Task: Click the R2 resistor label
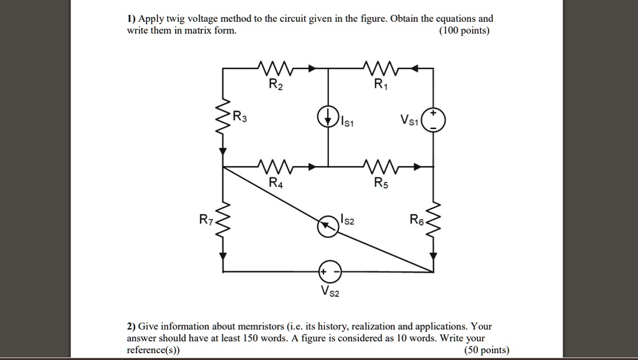[275, 86]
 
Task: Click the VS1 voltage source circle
[434, 120]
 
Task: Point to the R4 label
[275, 183]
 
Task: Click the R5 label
[381, 183]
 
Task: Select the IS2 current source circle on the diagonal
[328, 227]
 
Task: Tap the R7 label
[206, 220]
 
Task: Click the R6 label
[416, 220]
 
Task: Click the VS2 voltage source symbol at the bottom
[330, 272]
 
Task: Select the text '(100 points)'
[464, 31]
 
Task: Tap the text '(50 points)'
[487, 350]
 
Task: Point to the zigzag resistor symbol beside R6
[435, 221]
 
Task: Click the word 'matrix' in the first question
[193, 31]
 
